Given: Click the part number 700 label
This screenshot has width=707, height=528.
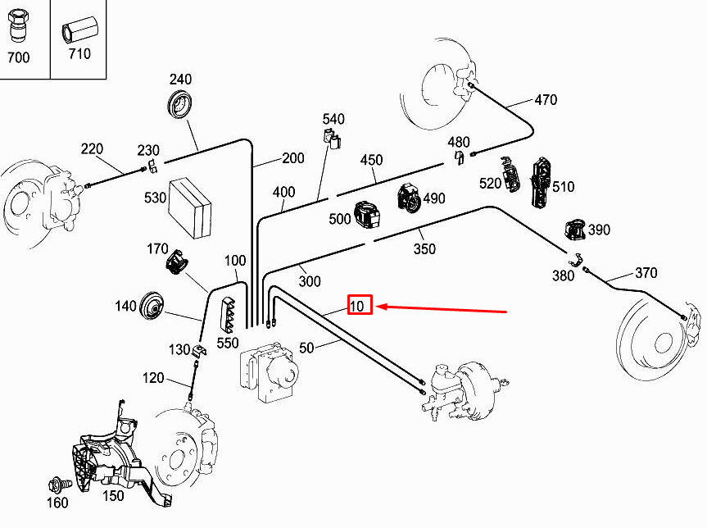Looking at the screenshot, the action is (x=19, y=57).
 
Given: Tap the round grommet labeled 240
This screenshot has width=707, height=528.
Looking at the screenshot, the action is (x=180, y=105).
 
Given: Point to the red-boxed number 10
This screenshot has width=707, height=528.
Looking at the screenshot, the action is (x=357, y=307).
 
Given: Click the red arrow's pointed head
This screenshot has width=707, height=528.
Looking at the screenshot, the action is (x=376, y=307).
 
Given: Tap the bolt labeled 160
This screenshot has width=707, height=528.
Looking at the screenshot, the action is (x=59, y=485).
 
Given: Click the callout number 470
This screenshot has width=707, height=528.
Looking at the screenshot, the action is (x=546, y=100).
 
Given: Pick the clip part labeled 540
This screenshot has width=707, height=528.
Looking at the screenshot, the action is (x=333, y=139).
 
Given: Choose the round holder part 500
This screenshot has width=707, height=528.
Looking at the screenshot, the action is (x=366, y=215).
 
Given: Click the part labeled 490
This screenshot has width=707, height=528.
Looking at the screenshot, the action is (x=410, y=198).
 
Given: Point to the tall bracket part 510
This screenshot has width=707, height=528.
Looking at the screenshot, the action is (x=541, y=182).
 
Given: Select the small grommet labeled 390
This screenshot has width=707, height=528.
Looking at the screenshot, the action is (x=576, y=230).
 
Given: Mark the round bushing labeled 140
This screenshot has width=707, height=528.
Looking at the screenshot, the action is (x=152, y=307).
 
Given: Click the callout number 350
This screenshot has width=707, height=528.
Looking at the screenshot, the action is (x=424, y=248).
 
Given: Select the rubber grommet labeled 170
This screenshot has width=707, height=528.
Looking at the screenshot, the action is (x=177, y=262).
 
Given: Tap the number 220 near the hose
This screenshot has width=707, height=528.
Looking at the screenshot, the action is (x=92, y=149).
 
